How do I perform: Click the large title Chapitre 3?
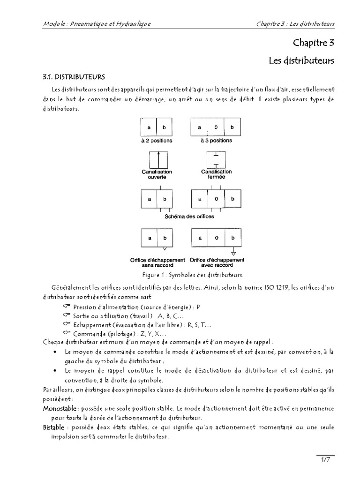pyautogui.click(x=314, y=43)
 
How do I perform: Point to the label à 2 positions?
pyautogui.click(x=157, y=141)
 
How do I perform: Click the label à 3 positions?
pyautogui.click(x=216, y=141)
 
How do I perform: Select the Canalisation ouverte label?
pyautogui.click(x=157, y=174)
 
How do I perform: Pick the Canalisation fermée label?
pyautogui.click(x=216, y=174)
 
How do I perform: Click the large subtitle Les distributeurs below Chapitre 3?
pyautogui.click(x=301, y=60)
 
